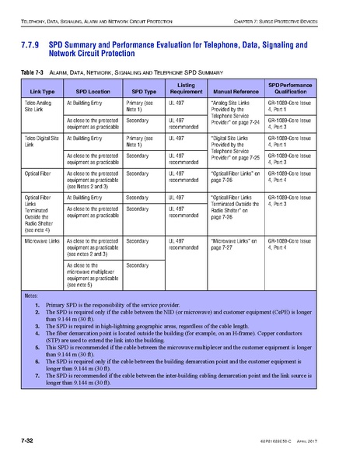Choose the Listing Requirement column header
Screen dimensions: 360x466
coord(186,88)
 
